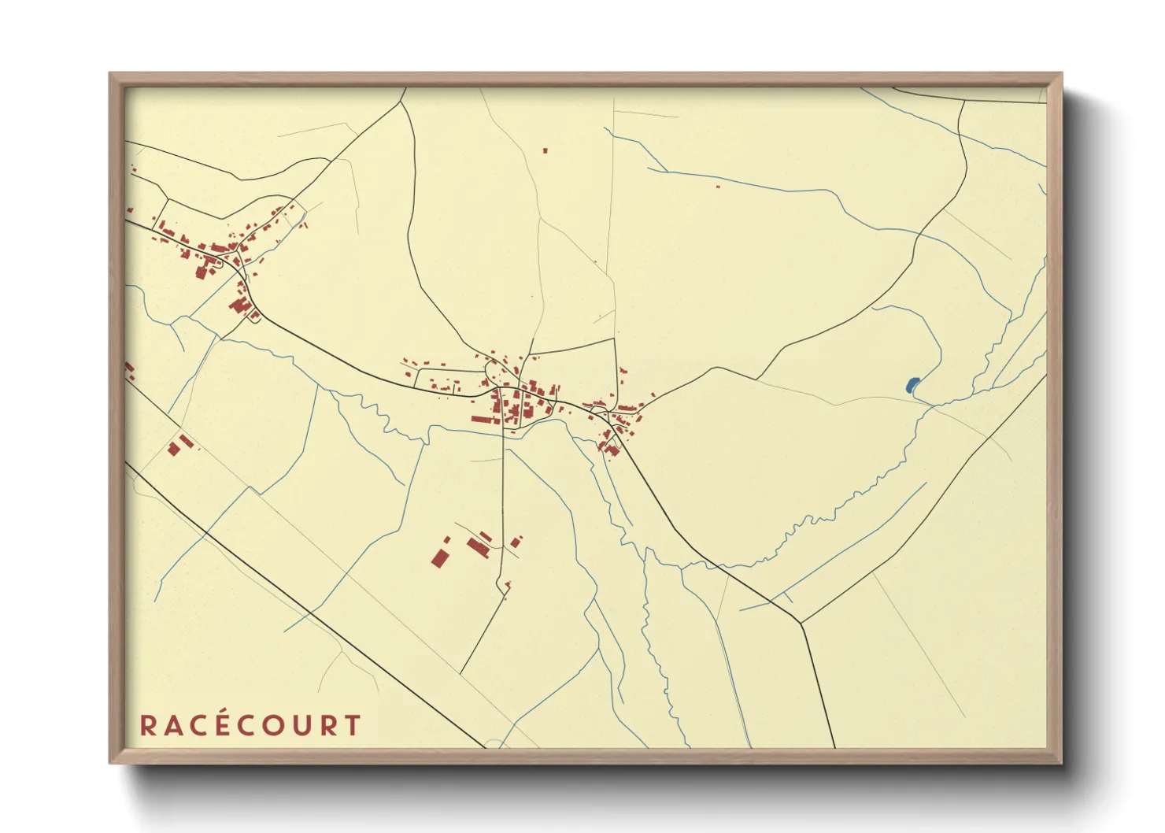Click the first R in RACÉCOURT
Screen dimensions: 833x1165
[147, 725]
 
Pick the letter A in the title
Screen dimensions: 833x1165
[172, 725]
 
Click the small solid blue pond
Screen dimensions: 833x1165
[912, 385]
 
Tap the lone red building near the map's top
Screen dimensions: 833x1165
[545, 150]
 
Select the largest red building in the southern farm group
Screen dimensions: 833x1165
[439, 558]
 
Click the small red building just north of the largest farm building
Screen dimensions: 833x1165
[447, 540]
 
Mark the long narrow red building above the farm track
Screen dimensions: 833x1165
[478, 547]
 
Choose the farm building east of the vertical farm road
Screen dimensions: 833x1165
[516, 542]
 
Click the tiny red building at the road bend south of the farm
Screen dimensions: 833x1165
[508, 585]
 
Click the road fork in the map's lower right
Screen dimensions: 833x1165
[801, 624]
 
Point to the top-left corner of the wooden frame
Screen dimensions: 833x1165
[110, 74]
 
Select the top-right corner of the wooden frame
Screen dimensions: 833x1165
[1061, 74]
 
